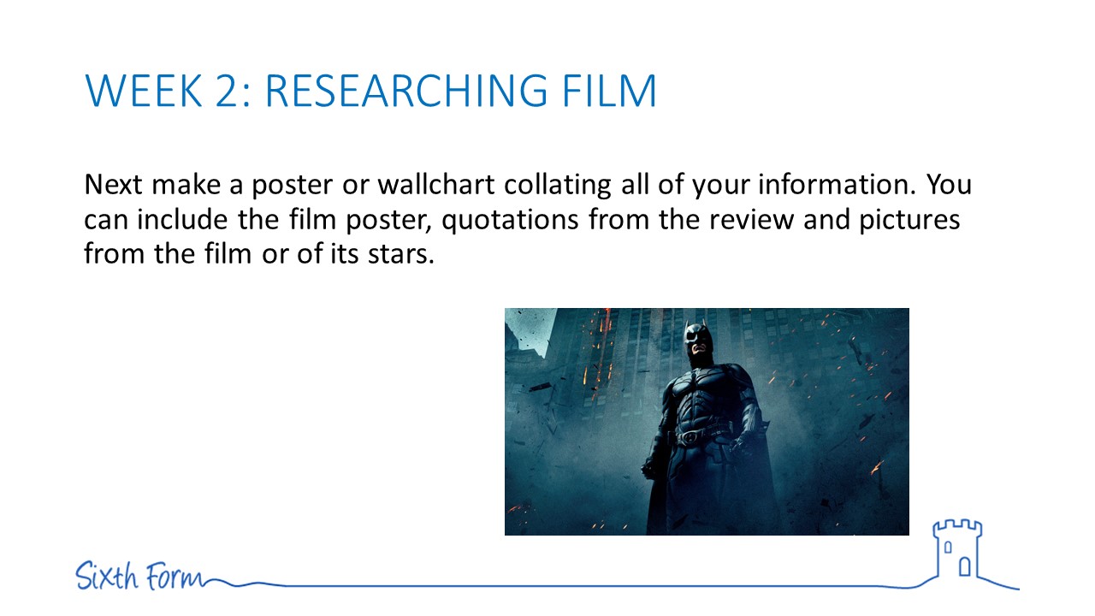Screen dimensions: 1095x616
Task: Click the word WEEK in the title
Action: tap(144, 91)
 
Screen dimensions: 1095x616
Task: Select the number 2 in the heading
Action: tap(229, 91)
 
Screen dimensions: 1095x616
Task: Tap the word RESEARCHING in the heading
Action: tap(405, 91)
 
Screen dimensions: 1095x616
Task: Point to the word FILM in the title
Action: tap(609, 91)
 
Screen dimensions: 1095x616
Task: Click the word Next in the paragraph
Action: tap(114, 185)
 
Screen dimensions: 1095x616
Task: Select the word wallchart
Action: tap(436, 185)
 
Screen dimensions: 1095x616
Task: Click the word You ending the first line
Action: tap(950, 185)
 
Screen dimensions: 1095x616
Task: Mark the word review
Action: tap(752, 220)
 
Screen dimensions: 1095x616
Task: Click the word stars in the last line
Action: tap(401, 255)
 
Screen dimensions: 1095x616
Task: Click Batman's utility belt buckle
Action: tap(690, 436)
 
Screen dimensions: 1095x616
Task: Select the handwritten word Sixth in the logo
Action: tap(107, 576)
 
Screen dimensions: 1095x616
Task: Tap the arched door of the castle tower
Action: tap(964, 567)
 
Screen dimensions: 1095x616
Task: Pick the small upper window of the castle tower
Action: tap(948, 547)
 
